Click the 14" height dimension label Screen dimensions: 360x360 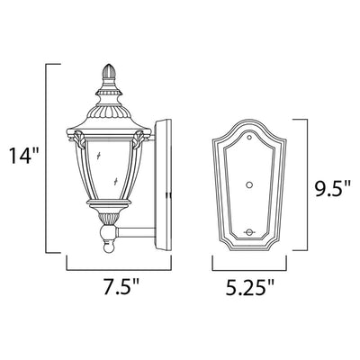[x=24, y=156]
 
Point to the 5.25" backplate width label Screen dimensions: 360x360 [x=249, y=286]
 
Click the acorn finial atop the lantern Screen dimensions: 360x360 [x=109, y=72]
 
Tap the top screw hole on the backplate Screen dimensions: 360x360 [x=248, y=138]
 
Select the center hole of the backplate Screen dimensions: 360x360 [x=248, y=185]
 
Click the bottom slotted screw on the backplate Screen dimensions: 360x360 [x=248, y=232]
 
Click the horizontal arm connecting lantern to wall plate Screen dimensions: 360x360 [x=136, y=233]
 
